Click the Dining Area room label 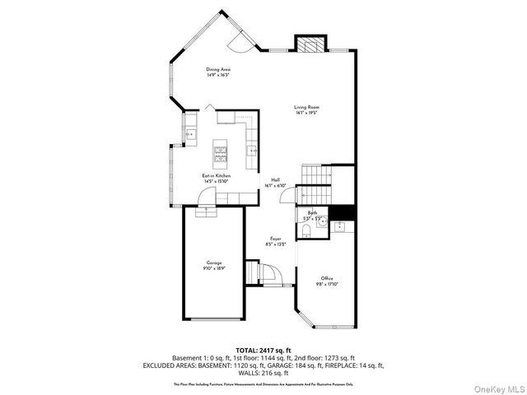tap(218, 69)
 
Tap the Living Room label tap(307, 107)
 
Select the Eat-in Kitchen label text tap(217, 175)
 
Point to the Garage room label tap(214, 263)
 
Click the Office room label tap(326, 278)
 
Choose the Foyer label tap(276, 239)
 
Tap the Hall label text tap(275, 180)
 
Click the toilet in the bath tap(307, 233)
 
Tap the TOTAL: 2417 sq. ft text tap(263, 350)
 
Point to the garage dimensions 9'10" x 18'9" tap(214, 268)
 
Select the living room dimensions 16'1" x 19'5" tap(307, 113)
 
